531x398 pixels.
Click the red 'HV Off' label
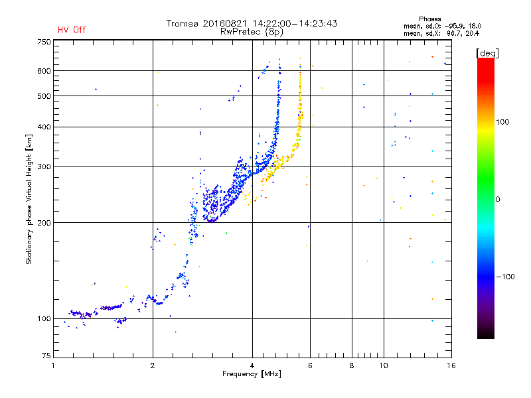tap(72, 30)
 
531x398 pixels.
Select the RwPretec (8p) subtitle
tap(252, 32)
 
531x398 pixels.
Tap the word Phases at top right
tap(429, 19)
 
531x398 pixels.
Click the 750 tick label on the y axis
tap(44, 42)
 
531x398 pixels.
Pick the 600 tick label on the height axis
tap(44, 71)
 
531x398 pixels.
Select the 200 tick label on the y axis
tap(44, 223)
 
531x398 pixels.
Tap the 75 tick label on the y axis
tap(46, 356)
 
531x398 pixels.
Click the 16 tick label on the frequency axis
tap(451, 365)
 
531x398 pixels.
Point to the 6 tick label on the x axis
tap(310, 365)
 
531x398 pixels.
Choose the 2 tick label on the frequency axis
tap(153, 365)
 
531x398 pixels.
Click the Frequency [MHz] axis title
tap(252, 374)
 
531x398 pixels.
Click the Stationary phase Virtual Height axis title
tap(29, 199)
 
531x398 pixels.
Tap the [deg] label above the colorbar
tap(487, 53)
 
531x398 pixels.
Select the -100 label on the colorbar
tap(505, 277)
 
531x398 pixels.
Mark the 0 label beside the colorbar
tap(498, 200)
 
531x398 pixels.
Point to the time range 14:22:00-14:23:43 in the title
tap(295, 23)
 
